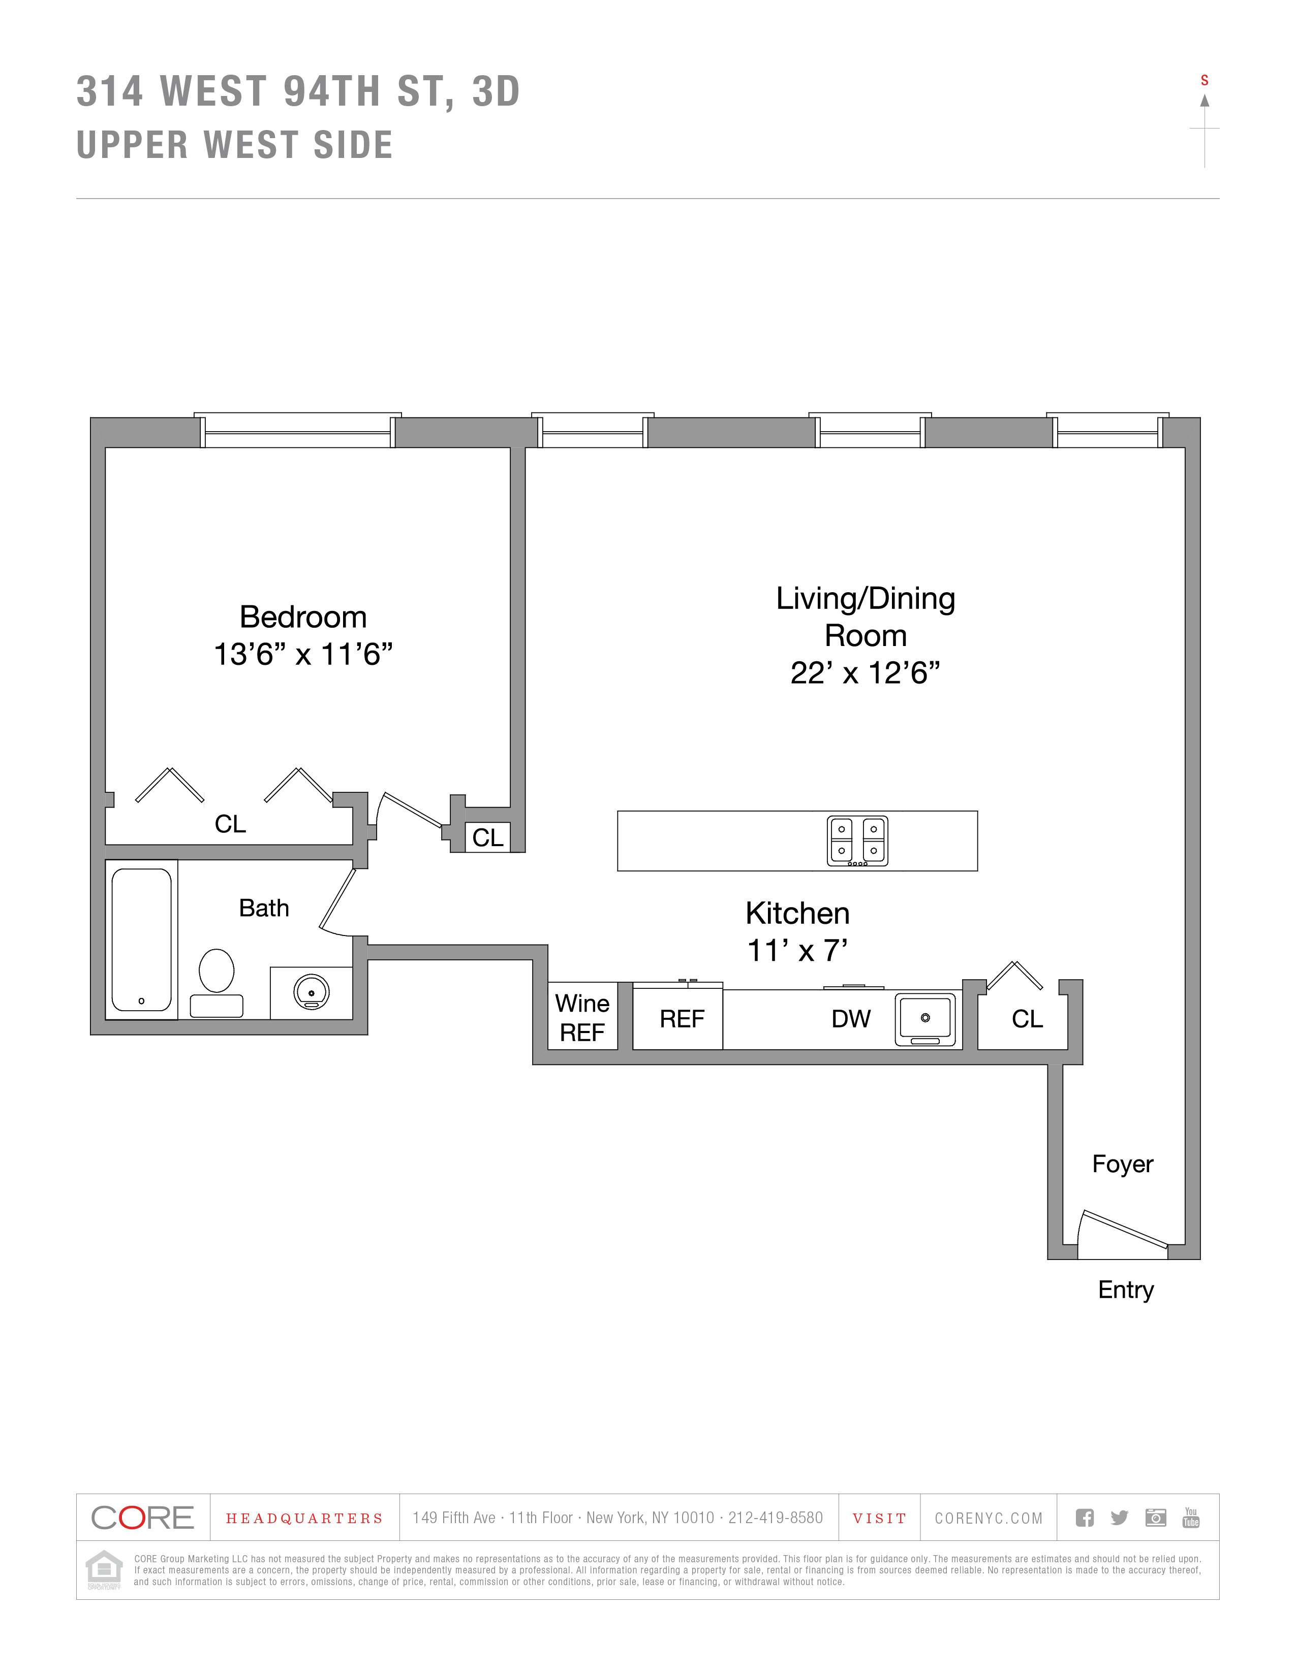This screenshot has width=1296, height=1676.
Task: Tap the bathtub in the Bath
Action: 141,939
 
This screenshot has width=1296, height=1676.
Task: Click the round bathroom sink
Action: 311,992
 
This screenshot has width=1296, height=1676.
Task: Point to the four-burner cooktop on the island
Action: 857,841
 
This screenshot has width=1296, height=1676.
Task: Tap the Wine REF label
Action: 582,1018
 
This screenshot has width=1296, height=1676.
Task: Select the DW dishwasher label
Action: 851,1019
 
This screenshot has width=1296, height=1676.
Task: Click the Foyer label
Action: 1123,1164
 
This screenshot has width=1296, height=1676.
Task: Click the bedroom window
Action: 297,431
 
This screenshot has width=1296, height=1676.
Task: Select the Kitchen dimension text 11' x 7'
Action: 798,951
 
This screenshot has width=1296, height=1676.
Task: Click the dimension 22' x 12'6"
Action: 866,673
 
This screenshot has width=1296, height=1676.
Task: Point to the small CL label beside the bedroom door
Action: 487,837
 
